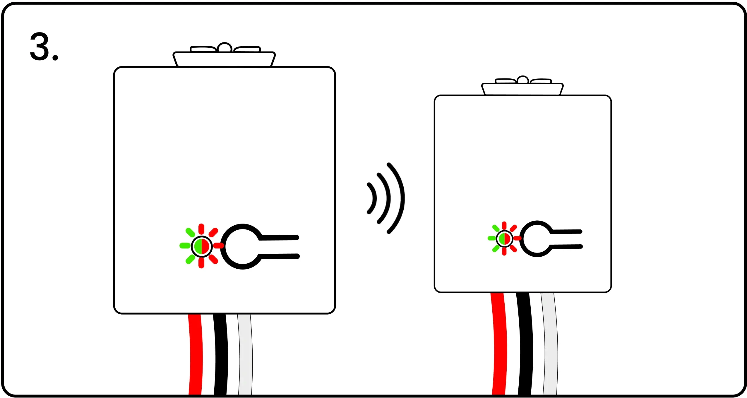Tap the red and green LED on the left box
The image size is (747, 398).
tap(202, 246)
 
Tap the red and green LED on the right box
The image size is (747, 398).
tap(504, 239)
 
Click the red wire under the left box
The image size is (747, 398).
tap(195, 354)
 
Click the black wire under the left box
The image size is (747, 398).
tap(220, 354)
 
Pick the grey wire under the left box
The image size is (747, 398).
tap(245, 354)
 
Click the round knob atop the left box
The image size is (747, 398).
tap(225, 47)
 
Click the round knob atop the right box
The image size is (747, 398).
tap(522, 80)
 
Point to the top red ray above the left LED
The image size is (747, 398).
tap(201, 229)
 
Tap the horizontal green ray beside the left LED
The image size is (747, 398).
tap(185, 246)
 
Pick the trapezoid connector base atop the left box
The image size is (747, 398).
tap(224, 59)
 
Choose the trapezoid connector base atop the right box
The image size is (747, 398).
tap(522, 89)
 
